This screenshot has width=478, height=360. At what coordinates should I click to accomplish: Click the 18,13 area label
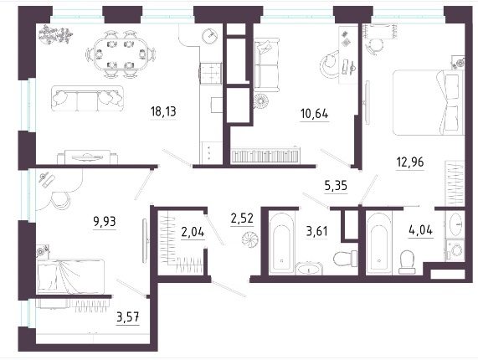coord(163,111)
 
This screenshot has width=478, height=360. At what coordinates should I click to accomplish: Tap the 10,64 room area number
coord(314,114)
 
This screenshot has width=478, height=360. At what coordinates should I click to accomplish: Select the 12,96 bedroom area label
coord(410,162)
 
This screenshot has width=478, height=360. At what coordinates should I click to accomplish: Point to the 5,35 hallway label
coord(336,185)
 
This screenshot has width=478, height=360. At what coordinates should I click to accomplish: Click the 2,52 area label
coord(242,219)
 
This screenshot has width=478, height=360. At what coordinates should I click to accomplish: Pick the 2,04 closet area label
coord(193,233)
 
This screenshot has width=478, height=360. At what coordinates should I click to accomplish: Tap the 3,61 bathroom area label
coord(317,232)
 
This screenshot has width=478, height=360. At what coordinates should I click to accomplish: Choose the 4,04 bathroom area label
coord(420,230)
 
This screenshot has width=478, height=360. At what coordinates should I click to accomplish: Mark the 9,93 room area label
coord(105,222)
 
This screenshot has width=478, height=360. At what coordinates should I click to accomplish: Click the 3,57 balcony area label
coord(128,317)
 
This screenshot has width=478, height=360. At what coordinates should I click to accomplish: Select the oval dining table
coord(121,54)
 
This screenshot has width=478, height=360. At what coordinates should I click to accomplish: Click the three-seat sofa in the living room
coord(88,98)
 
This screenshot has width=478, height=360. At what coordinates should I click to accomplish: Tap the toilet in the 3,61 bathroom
coord(346,259)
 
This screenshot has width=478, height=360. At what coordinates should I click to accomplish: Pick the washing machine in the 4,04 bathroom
coord(455,250)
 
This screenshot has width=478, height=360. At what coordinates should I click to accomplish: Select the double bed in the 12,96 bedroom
coord(428,102)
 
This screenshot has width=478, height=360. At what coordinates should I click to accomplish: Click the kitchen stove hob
coord(211,73)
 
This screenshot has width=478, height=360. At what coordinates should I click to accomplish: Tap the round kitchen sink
coord(210,35)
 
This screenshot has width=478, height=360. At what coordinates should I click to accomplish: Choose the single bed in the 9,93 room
coord(70,277)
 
